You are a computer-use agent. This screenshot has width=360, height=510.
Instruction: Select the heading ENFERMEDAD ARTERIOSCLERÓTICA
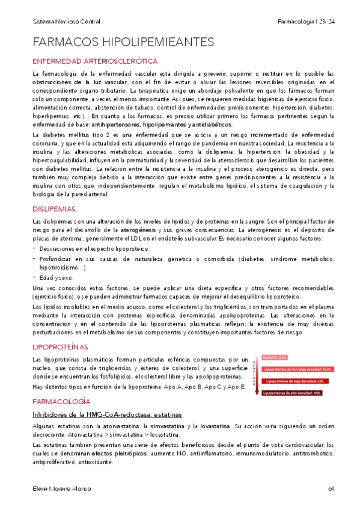tap(95, 61)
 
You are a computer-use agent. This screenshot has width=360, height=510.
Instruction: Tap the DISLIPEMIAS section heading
tap(53, 209)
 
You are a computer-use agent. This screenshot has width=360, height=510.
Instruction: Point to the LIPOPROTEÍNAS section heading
tap(60, 347)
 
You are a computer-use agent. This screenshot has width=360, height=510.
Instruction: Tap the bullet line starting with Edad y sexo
tap(56, 278)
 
